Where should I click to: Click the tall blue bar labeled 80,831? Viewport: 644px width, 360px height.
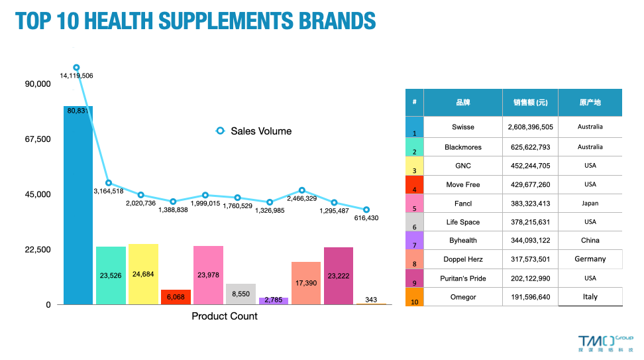point(78,206)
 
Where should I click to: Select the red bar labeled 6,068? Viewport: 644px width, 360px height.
point(176,297)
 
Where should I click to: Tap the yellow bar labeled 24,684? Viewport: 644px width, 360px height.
point(143,274)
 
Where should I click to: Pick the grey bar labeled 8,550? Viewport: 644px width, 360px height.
point(241,294)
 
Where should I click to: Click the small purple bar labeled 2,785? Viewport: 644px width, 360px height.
point(273,301)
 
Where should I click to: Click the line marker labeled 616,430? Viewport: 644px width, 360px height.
point(366,210)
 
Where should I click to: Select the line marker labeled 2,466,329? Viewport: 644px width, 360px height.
point(302,190)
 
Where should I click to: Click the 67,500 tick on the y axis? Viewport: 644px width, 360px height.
point(37,139)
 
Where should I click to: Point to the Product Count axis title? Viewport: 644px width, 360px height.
point(225,316)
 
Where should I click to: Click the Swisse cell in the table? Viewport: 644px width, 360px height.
point(463,127)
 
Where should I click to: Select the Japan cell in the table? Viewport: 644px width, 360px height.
point(590,204)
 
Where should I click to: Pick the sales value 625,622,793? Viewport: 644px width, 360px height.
point(529,147)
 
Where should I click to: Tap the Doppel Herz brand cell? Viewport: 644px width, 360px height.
point(463,259)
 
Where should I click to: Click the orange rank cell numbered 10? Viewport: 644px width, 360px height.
point(414,297)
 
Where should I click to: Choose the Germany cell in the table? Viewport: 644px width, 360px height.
point(590,259)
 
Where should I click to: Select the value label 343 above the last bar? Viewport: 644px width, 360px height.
point(371,300)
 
